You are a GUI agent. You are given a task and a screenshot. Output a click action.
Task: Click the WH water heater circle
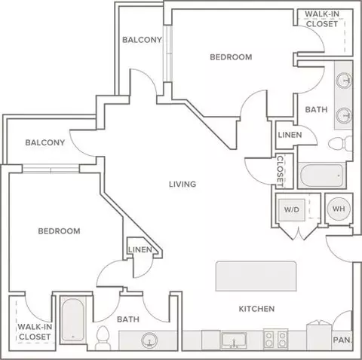(x=339, y=209)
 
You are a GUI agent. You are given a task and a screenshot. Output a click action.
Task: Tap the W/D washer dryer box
(x=292, y=210)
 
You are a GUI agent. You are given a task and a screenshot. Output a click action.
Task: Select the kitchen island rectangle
(x=256, y=276)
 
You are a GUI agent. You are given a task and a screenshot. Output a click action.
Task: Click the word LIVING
(x=183, y=185)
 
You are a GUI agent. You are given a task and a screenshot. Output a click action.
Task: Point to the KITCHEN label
(x=256, y=309)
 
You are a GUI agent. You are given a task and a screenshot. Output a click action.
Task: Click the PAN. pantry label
(x=342, y=340)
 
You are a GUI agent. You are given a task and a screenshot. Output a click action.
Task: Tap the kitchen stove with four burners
(x=275, y=339)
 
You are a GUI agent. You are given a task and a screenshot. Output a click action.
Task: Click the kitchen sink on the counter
(x=234, y=340)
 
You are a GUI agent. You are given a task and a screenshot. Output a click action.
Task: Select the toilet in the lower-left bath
(x=103, y=337)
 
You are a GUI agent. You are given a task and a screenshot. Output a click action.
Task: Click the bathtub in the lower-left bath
(x=72, y=319)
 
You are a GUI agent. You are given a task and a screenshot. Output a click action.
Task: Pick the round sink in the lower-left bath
(x=149, y=340)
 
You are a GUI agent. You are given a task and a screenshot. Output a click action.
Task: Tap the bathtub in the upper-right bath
(x=321, y=175)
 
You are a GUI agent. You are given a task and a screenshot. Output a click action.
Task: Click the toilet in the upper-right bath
(x=340, y=143)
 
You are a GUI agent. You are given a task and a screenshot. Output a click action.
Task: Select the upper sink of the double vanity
(x=344, y=81)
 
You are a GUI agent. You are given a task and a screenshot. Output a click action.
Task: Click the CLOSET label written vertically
(x=280, y=171)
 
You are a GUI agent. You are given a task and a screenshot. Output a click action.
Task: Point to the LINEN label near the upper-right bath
(x=290, y=135)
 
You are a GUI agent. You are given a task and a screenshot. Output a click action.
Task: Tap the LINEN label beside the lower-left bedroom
(x=140, y=249)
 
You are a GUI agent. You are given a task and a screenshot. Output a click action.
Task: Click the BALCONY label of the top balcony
(x=142, y=40)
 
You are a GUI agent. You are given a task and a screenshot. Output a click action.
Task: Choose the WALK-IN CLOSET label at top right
(x=322, y=19)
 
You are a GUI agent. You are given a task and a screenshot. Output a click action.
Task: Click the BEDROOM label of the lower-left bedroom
(x=59, y=231)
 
